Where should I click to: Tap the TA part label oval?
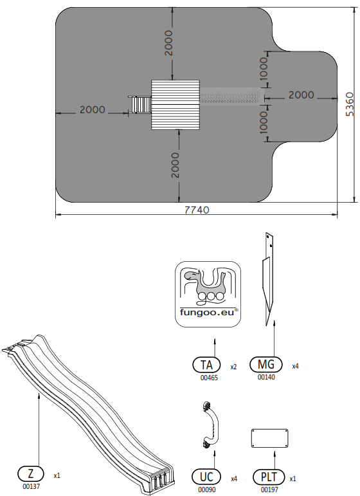click(206, 365)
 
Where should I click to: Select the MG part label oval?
click(266, 365)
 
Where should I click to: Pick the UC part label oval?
click(207, 477)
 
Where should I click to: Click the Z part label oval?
click(32, 475)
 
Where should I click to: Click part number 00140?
click(266, 378)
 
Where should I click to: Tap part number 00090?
click(207, 490)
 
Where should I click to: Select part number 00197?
click(269, 490)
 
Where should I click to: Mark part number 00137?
click(32, 487)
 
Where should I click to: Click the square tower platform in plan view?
click(176, 104)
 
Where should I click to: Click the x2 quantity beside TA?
click(233, 367)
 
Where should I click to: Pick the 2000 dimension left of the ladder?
click(92, 110)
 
